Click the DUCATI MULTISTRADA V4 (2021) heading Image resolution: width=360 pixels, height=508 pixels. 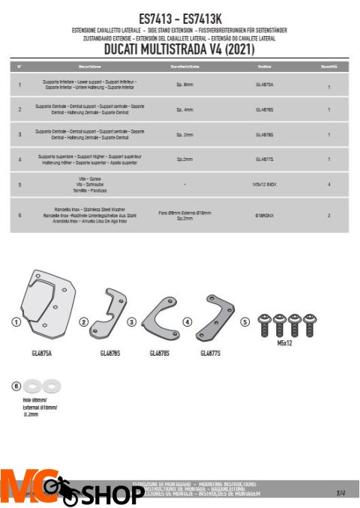click(x=181, y=49)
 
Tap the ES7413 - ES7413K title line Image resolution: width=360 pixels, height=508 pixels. click(x=181, y=16)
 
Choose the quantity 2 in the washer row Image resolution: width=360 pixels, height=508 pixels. click(x=328, y=216)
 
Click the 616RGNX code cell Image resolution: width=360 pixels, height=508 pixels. click(x=265, y=214)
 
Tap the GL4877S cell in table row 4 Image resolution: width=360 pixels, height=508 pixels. click(x=265, y=159)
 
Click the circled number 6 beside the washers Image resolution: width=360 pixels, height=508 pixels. click(x=16, y=386)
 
